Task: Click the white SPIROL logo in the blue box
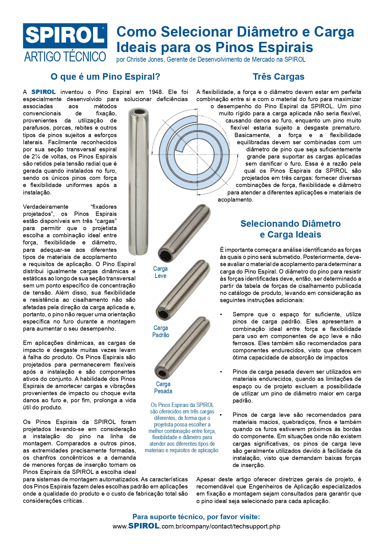pyautogui.click(x=65, y=35)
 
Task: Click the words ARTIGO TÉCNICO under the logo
pyautogui.click(x=65, y=57)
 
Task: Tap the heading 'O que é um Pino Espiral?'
pyautogui.click(x=105, y=77)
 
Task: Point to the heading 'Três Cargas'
pyautogui.click(x=279, y=77)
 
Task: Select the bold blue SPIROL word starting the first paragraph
pyautogui.click(x=44, y=92)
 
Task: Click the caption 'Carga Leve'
pyautogui.click(x=160, y=272)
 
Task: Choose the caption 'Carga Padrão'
pyautogui.click(x=161, y=331)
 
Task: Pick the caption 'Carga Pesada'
pyautogui.click(x=163, y=388)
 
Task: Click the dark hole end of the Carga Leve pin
pyautogui.click(x=164, y=255)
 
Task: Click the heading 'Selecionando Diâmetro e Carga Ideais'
pyautogui.click(x=290, y=229)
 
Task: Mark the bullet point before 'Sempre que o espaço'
pyautogui.click(x=221, y=314)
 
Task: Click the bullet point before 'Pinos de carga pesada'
pyautogui.click(x=221, y=372)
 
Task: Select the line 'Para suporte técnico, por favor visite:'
pyautogui.click(x=196, y=517)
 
